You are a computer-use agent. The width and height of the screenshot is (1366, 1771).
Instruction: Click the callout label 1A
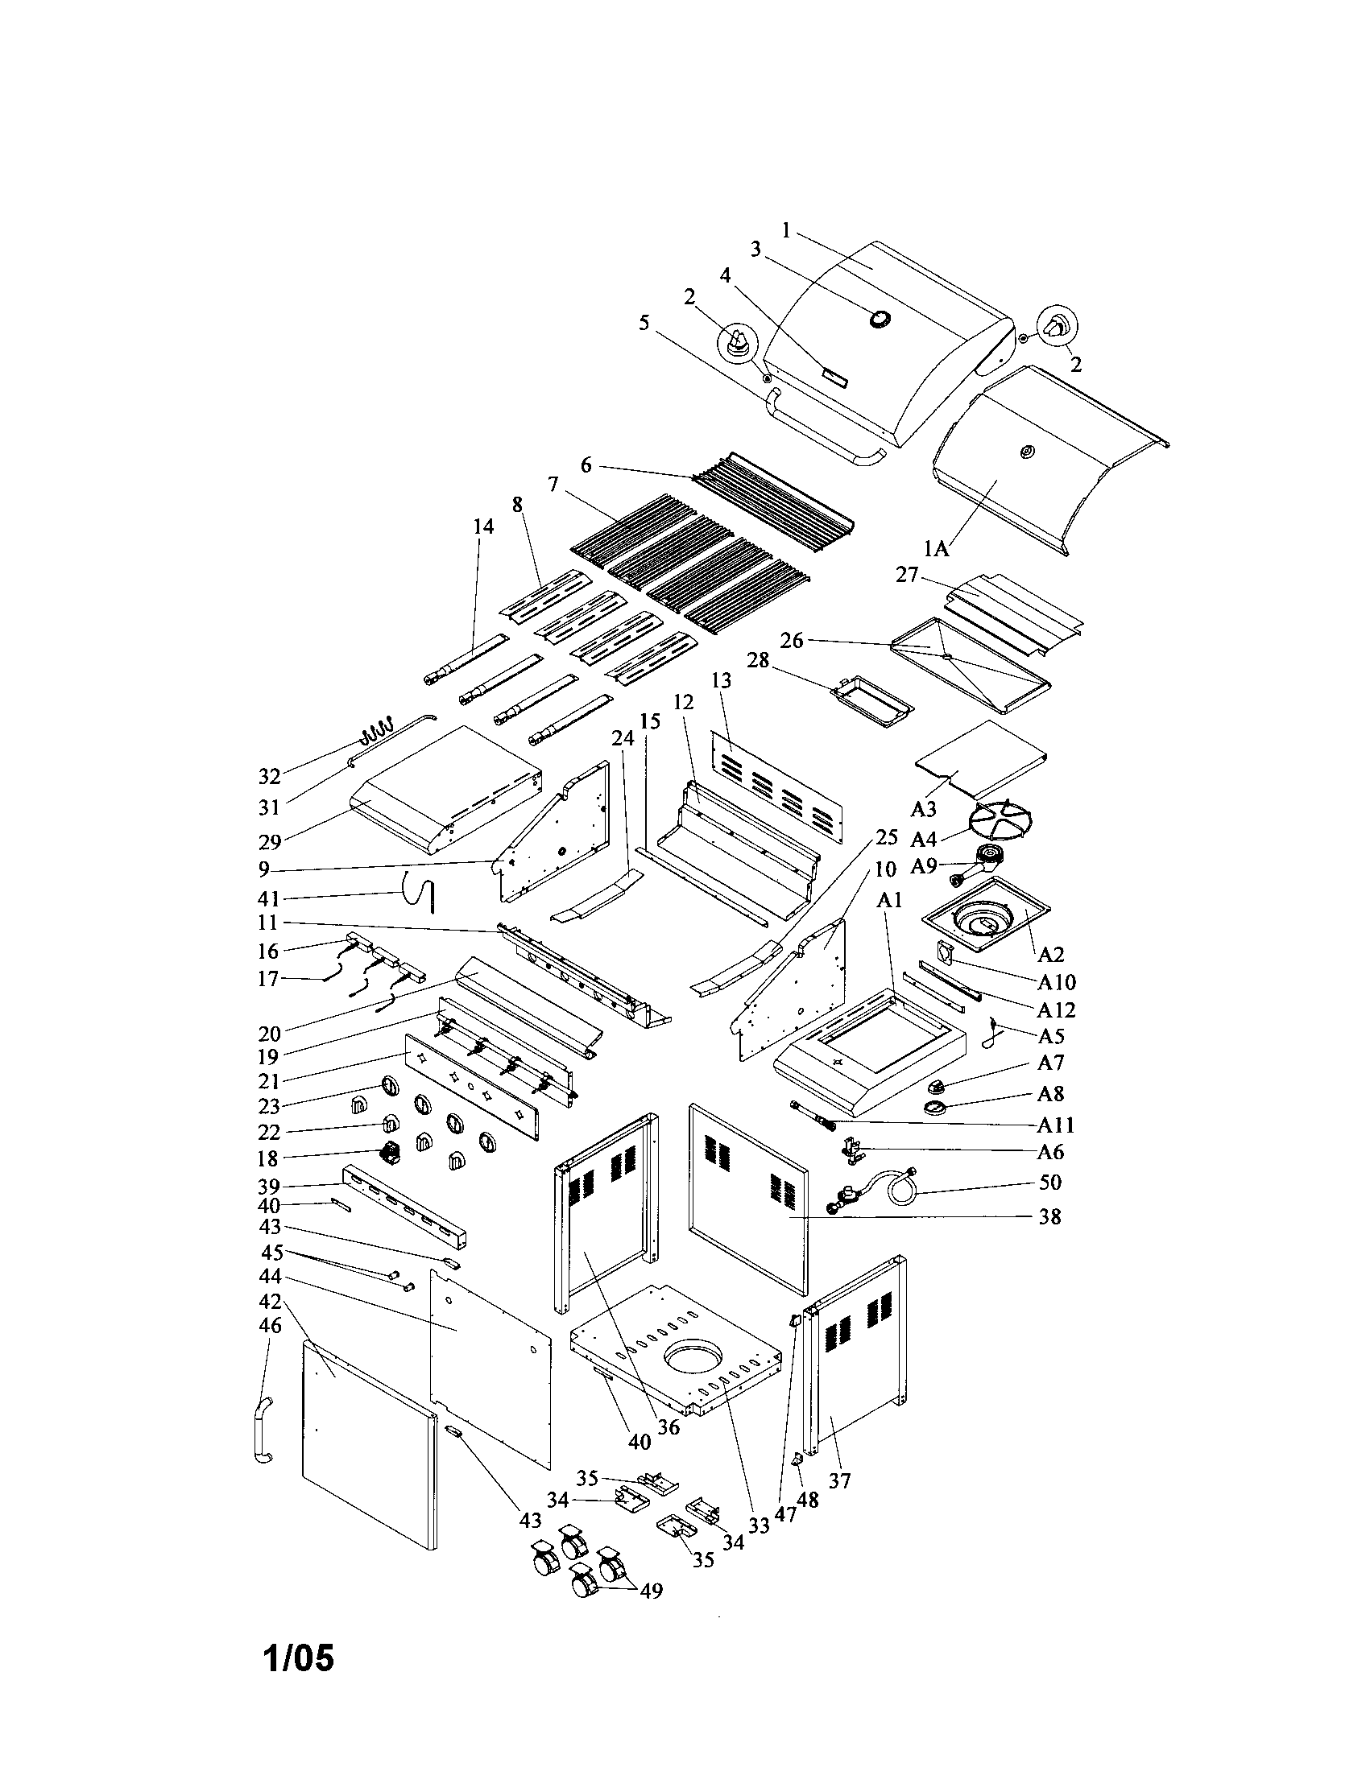936,549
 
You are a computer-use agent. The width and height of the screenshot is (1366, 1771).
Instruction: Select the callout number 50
1049,1183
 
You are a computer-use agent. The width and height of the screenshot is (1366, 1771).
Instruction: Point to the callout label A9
924,866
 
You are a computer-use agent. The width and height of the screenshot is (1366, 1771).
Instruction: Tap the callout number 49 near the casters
651,1591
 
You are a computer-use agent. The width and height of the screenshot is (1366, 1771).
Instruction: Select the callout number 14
482,527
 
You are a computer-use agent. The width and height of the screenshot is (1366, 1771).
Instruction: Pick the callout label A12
1056,1009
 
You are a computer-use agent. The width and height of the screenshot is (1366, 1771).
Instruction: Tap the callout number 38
1049,1217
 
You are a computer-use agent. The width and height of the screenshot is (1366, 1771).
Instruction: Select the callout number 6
586,465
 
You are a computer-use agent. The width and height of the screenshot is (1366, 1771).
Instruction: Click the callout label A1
891,900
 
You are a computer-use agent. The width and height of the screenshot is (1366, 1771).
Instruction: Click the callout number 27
906,575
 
